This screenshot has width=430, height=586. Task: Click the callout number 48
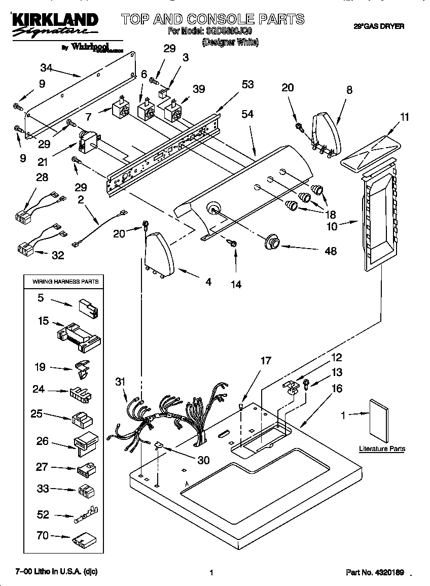(x=330, y=251)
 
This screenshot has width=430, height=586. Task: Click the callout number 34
(x=46, y=67)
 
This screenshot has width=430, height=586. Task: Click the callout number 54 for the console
(x=247, y=115)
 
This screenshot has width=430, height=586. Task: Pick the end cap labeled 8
(x=325, y=133)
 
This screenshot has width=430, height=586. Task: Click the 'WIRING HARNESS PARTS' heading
(x=66, y=281)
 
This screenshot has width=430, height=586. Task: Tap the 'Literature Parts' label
(x=382, y=449)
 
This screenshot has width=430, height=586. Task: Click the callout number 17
(x=266, y=361)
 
